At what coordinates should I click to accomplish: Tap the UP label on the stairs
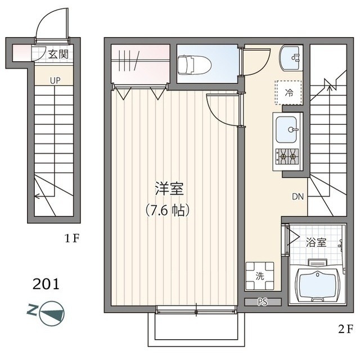tap(55, 80)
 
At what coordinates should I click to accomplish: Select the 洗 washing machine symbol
tap(259, 276)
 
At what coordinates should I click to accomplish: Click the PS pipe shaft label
tap(262, 302)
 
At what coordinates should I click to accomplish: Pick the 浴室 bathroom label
tap(316, 242)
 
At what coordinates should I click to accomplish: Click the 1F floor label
tap(71, 238)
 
